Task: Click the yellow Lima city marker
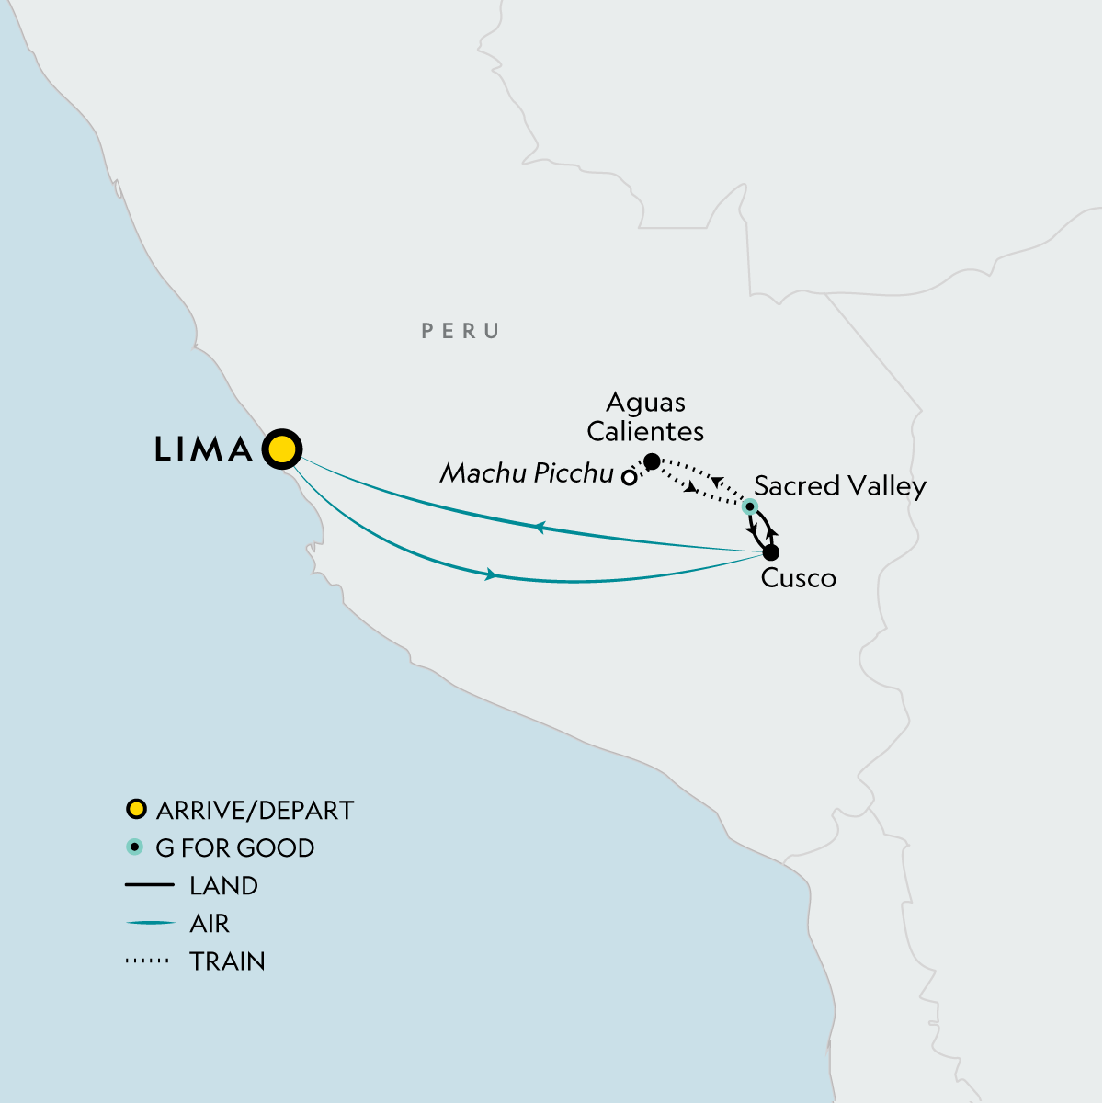pyautogui.click(x=282, y=449)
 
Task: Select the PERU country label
pyautogui.click(x=461, y=331)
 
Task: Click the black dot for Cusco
pyautogui.click(x=771, y=552)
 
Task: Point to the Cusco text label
pyautogui.click(x=798, y=578)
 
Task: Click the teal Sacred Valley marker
pyautogui.click(x=750, y=506)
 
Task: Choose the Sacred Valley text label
pyautogui.click(x=839, y=486)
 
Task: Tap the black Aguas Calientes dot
pyautogui.click(x=652, y=461)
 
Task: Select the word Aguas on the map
pyautogui.click(x=646, y=403)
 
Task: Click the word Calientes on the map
pyautogui.click(x=645, y=431)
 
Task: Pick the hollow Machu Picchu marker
pyautogui.click(x=629, y=477)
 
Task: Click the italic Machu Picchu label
pyautogui.click(x=527, y=473)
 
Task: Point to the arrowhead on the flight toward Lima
pyautogui.click(x=540, y=528)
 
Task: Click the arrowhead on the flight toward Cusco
pyautogui.click(x=491, y=574)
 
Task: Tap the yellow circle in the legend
pyautogui.click(x=136, y=810)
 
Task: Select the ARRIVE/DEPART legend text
pyautogui.click(x=255, y=811)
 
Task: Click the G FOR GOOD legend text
pyautogui.click(x=235, y=848)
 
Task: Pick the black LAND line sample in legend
pyautogui.click(x=149, y=885)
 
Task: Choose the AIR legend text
pyautogui.click(x=210, y=924)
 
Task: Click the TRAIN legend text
pyautogui.click(x=227, y=961)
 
